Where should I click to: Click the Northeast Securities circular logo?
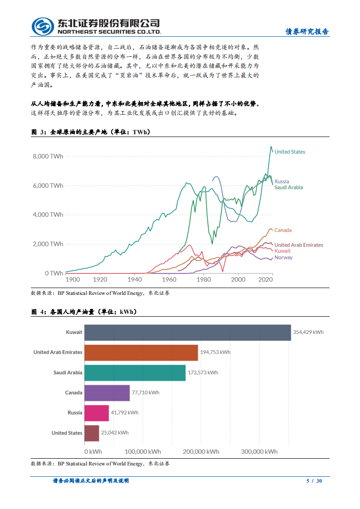(x=42, y=26)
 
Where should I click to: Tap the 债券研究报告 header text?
(x=307, y=31)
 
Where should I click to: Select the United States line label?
(x=290, y=152)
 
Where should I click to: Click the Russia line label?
(x=281, y=181)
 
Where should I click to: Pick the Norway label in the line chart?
(x=283, y=258)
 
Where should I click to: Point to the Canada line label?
(x=283, y=230)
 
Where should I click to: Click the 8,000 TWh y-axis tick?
(x=48, y=156)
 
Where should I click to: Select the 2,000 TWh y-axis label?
(x=48, y=244)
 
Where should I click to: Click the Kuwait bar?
(x=187, y=333)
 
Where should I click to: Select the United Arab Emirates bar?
(x=141, y=352)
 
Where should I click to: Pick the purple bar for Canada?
(x=107, y=393)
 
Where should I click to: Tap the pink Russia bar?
(x=96, y=413)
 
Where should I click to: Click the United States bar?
(x=91, y=433)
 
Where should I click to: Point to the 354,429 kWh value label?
(x=308, y=333)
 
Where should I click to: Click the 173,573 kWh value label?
(x=202, y=372)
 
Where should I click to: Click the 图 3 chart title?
(x=91, y=132)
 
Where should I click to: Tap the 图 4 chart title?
(x=84, y=312)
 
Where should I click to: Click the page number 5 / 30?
(x=314, y=481)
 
